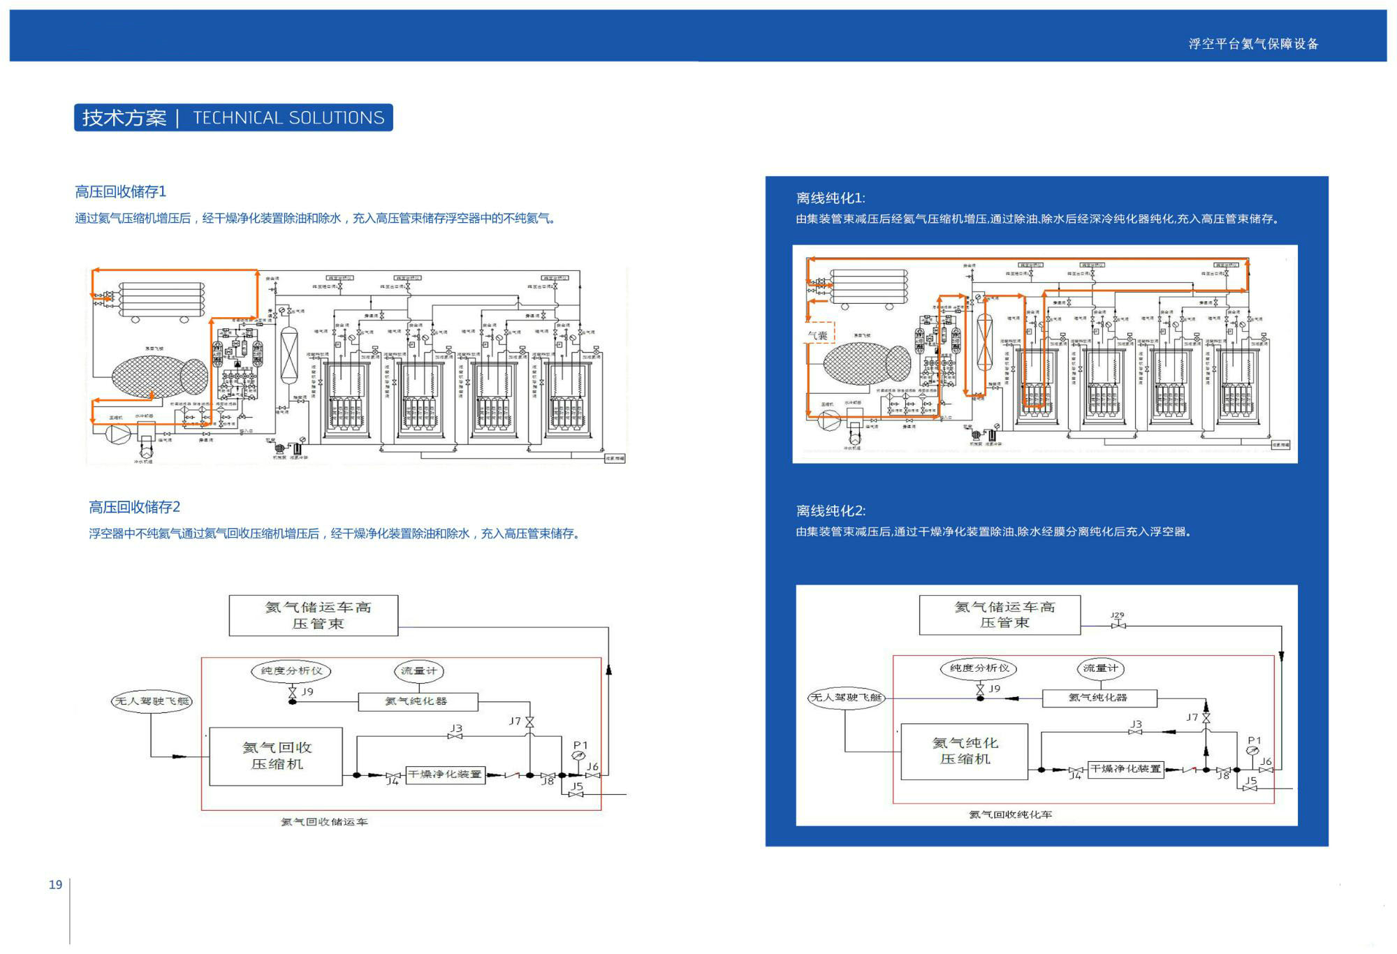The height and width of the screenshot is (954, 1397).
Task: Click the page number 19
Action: (55, 885)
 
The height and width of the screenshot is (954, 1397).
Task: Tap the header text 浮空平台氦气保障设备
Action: (1253, 44)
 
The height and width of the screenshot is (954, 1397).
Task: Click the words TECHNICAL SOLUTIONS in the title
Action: (288, 118)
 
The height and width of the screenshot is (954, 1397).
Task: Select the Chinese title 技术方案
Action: (124, 118)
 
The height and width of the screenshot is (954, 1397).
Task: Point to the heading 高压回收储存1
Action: (120, 191)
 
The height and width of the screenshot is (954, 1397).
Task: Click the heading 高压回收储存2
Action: (134, 507)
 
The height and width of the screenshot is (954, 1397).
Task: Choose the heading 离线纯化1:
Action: (831, 198)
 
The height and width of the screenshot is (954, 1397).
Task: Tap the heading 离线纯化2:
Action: (831, 511)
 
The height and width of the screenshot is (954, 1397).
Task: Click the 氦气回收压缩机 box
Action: (276, 756)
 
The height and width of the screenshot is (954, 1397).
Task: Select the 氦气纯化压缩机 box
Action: (965, 751)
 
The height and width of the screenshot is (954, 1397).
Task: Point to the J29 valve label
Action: (1118, 615)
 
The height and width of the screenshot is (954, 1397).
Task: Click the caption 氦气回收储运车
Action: (324, 822)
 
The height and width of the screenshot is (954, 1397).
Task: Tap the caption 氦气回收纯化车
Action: (1010, 814)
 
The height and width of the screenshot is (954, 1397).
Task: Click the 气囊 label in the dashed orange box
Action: (819, 335)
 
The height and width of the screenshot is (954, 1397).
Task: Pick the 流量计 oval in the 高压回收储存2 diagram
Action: (418, 671)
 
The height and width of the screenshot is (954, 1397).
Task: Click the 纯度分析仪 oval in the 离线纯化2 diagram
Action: (979, 668)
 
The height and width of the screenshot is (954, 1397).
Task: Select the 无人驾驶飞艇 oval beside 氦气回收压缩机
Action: (152, 701)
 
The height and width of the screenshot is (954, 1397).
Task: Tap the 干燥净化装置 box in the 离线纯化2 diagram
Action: (1125, 769)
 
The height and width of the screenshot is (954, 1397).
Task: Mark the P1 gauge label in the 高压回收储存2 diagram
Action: (580, 745)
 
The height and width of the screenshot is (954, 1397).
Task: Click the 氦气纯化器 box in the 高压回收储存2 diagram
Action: (417, 701)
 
